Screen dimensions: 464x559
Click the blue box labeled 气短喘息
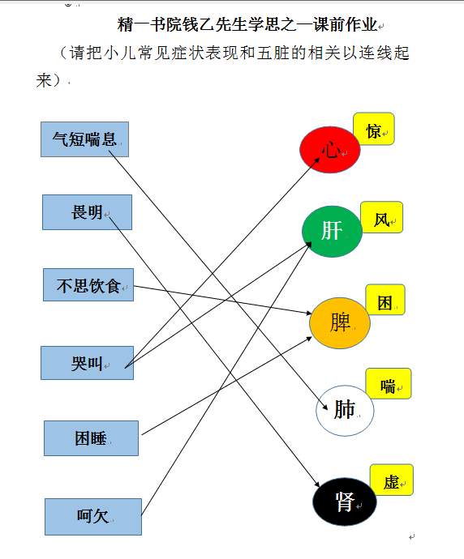tap(84, 139)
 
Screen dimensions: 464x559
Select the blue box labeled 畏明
tap(87, 212)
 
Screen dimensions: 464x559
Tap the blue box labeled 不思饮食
tap(88, 285)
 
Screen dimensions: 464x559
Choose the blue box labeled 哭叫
tap(87, 363)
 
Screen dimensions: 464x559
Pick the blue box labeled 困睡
tap(92, 438)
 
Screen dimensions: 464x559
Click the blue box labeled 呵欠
tap(93, 517)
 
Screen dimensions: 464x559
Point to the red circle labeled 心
tap(330, 150)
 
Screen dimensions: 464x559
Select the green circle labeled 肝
tap(332, 232)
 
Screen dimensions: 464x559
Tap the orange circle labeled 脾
tap(339, 323)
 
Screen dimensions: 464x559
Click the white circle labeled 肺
tap(345, 410)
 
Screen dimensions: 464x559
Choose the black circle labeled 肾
tap(345, 501)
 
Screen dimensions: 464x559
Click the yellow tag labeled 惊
tap(374, 129)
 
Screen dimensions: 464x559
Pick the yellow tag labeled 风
tap(381, 217)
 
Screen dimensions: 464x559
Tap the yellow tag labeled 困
tap(385, 300)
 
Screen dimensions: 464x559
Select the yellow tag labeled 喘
tap(389, 383)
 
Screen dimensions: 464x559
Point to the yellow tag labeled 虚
tap(392, 480)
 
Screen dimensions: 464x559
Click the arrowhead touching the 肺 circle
tap(324, 407)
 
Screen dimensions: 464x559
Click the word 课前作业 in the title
tap(345, 24)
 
